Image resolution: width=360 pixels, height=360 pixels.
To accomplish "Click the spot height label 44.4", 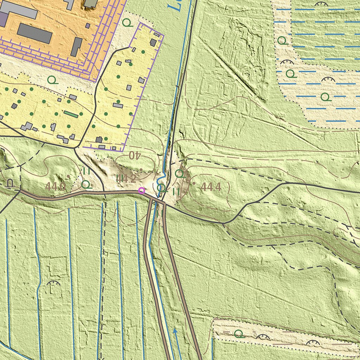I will coord(211,187).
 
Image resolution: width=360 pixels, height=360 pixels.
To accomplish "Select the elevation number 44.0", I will coord(55,187).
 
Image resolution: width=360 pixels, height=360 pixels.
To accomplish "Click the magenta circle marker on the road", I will coord(141,191).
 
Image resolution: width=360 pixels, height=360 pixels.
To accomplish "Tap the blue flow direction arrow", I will coord(175,331).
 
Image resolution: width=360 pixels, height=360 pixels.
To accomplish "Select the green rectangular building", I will coord(71,114).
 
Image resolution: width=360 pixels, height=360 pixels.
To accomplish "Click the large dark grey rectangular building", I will coord(34,34).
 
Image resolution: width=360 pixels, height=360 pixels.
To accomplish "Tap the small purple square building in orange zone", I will coord(88,26).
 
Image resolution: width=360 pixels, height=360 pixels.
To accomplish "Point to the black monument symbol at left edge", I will coord(11,183).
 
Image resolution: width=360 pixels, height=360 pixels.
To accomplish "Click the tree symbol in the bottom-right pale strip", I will coord(239,334).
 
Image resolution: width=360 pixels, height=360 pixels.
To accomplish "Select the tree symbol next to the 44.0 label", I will coord(86,184).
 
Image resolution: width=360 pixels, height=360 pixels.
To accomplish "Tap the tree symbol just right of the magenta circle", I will coord(161,187).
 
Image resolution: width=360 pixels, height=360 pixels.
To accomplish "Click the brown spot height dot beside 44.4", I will coord(194,183).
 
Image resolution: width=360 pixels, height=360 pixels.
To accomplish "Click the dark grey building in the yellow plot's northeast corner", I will coord(153,42).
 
